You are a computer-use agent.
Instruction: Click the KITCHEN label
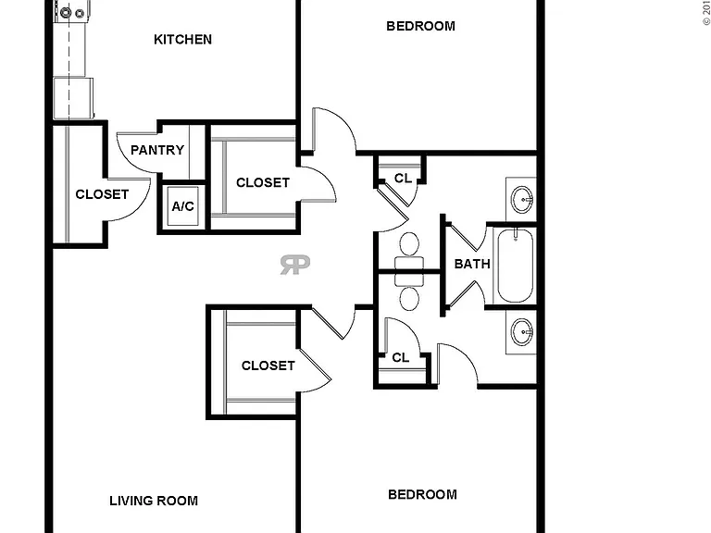click(182, 40)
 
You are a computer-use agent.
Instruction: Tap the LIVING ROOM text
click(154, 501)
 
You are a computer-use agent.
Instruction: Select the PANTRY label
click(157, 150)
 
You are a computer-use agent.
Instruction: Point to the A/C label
click(182, 206)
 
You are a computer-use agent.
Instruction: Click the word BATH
click(472, 264)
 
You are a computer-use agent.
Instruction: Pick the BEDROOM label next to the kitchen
click(421, 26)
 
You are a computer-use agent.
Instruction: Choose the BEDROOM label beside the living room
click(422, 494)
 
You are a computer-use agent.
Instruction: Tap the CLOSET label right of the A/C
click(263, 182)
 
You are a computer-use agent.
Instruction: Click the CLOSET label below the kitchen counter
click(102, 194)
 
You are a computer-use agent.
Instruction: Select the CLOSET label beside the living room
click(268, 366)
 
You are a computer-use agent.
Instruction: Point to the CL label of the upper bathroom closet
click(403, 179)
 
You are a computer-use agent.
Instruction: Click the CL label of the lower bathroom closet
click(400, 358)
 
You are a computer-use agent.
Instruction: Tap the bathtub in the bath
click(515, 266)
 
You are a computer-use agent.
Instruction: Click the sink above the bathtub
click(522, 199)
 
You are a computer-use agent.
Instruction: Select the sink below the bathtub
click(522, 332)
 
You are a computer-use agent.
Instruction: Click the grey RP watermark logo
click(295, 265)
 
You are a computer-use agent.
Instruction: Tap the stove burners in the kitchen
click(71, 12)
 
